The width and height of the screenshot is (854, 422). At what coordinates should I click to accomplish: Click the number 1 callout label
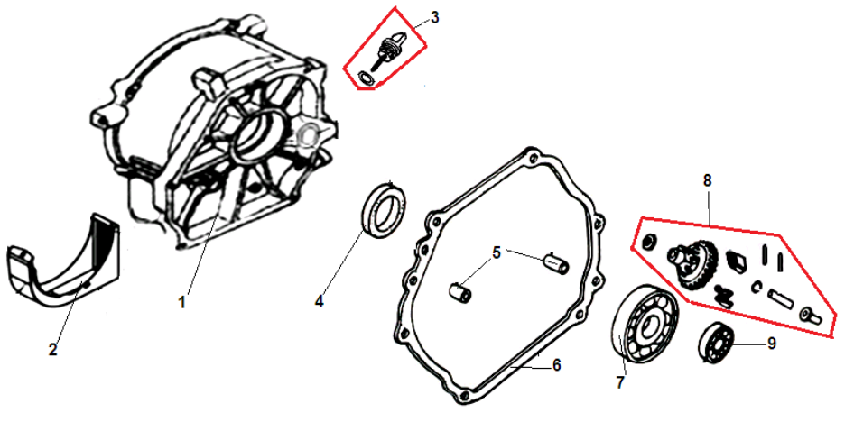coord(182,302)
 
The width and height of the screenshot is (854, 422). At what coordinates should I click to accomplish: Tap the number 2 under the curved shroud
coord(53,350)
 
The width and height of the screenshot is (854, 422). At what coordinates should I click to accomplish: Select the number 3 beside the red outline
coord(434,17)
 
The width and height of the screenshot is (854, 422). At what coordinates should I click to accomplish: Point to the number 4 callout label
coord(320,301)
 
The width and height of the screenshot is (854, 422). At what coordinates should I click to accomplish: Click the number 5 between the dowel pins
coord(497,252)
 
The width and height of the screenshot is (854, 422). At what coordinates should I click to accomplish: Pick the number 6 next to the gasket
coord(556,365)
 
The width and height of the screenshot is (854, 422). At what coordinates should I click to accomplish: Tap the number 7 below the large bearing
coord(620,383)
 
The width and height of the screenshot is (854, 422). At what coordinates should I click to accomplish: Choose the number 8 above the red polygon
coord(707,180)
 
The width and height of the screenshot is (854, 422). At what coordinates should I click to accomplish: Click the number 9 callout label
coord(771,344)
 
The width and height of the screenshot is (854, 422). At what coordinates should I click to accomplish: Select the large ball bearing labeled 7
coord(622,321)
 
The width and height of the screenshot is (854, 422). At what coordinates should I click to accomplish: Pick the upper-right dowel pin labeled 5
coord(557,262)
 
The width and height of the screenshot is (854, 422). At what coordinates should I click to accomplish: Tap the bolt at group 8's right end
coord(810,315)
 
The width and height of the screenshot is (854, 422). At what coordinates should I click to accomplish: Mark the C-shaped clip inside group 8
coord(757,287)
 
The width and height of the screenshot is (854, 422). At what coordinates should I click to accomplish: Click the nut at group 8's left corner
coord(649,243)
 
